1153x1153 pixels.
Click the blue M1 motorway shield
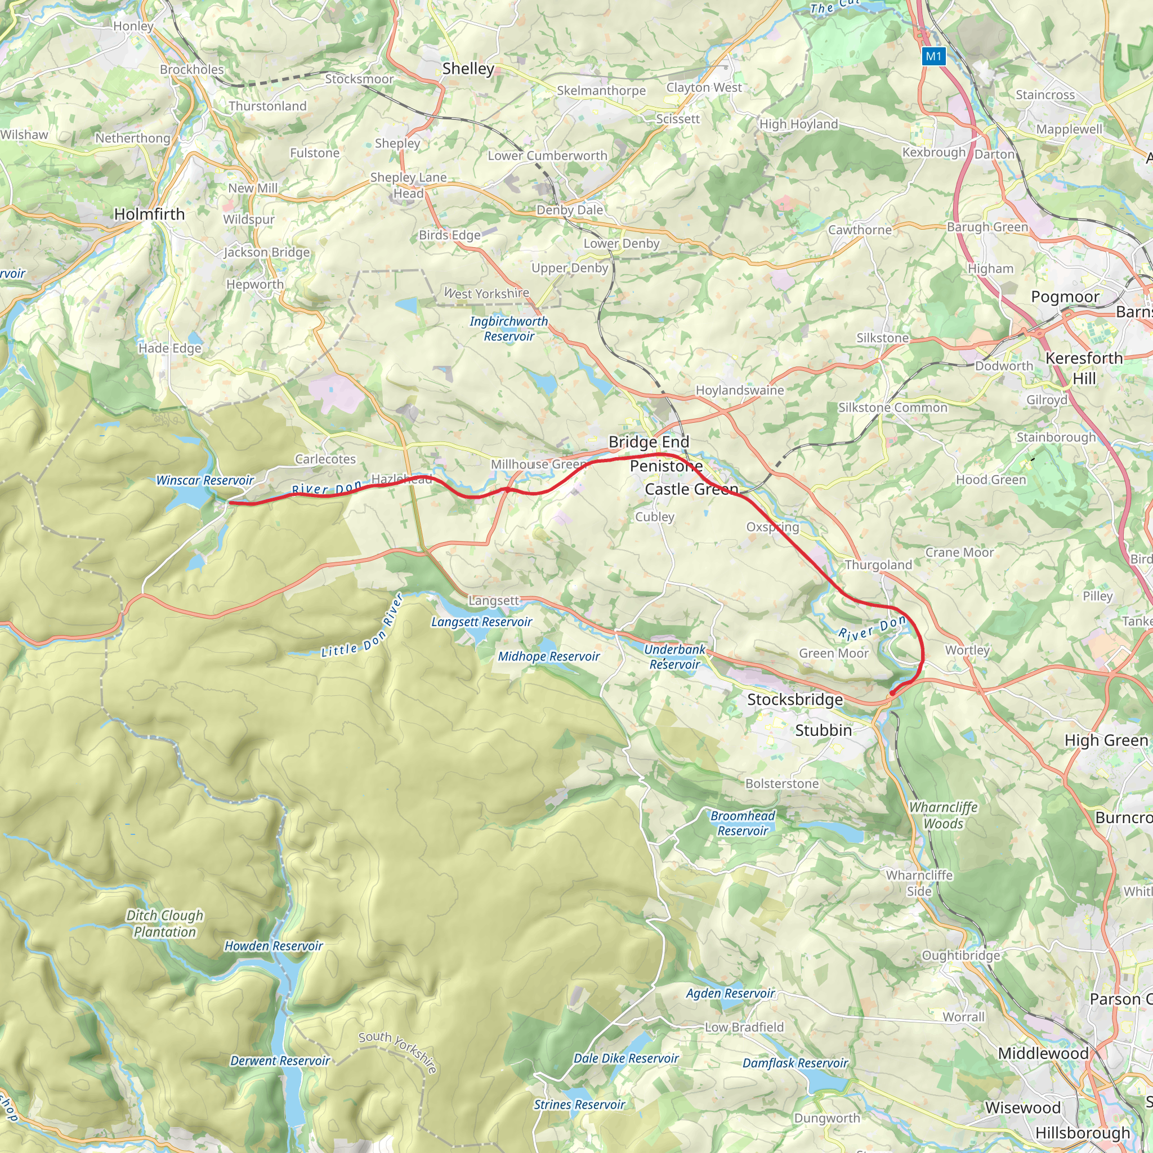pos(933,57)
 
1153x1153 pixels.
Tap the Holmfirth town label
pos(149,214)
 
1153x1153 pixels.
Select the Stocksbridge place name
pos(795,699)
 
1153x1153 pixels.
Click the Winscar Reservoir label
pos(205,480)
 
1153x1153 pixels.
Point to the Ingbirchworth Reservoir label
pos(508,329)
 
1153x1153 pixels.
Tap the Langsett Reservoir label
pos(481,622)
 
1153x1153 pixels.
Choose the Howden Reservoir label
pos(273,946)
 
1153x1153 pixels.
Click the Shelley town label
pos(468,69)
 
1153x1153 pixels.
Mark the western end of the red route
pos(229,503)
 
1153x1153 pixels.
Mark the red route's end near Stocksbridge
pos(892,693)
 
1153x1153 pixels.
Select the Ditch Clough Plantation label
pos(165,924)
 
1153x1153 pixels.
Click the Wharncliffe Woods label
pos(944,815)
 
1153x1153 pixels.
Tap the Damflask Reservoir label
pos(795,1063)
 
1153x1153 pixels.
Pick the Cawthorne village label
pos(859,230)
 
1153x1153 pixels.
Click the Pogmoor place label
pos(1065,297)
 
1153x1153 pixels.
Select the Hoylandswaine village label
pos(739,390)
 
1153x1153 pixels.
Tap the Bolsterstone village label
pos(782,784)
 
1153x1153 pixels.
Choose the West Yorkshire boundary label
pos(486,293)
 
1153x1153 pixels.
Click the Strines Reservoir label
pos(579,1105)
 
